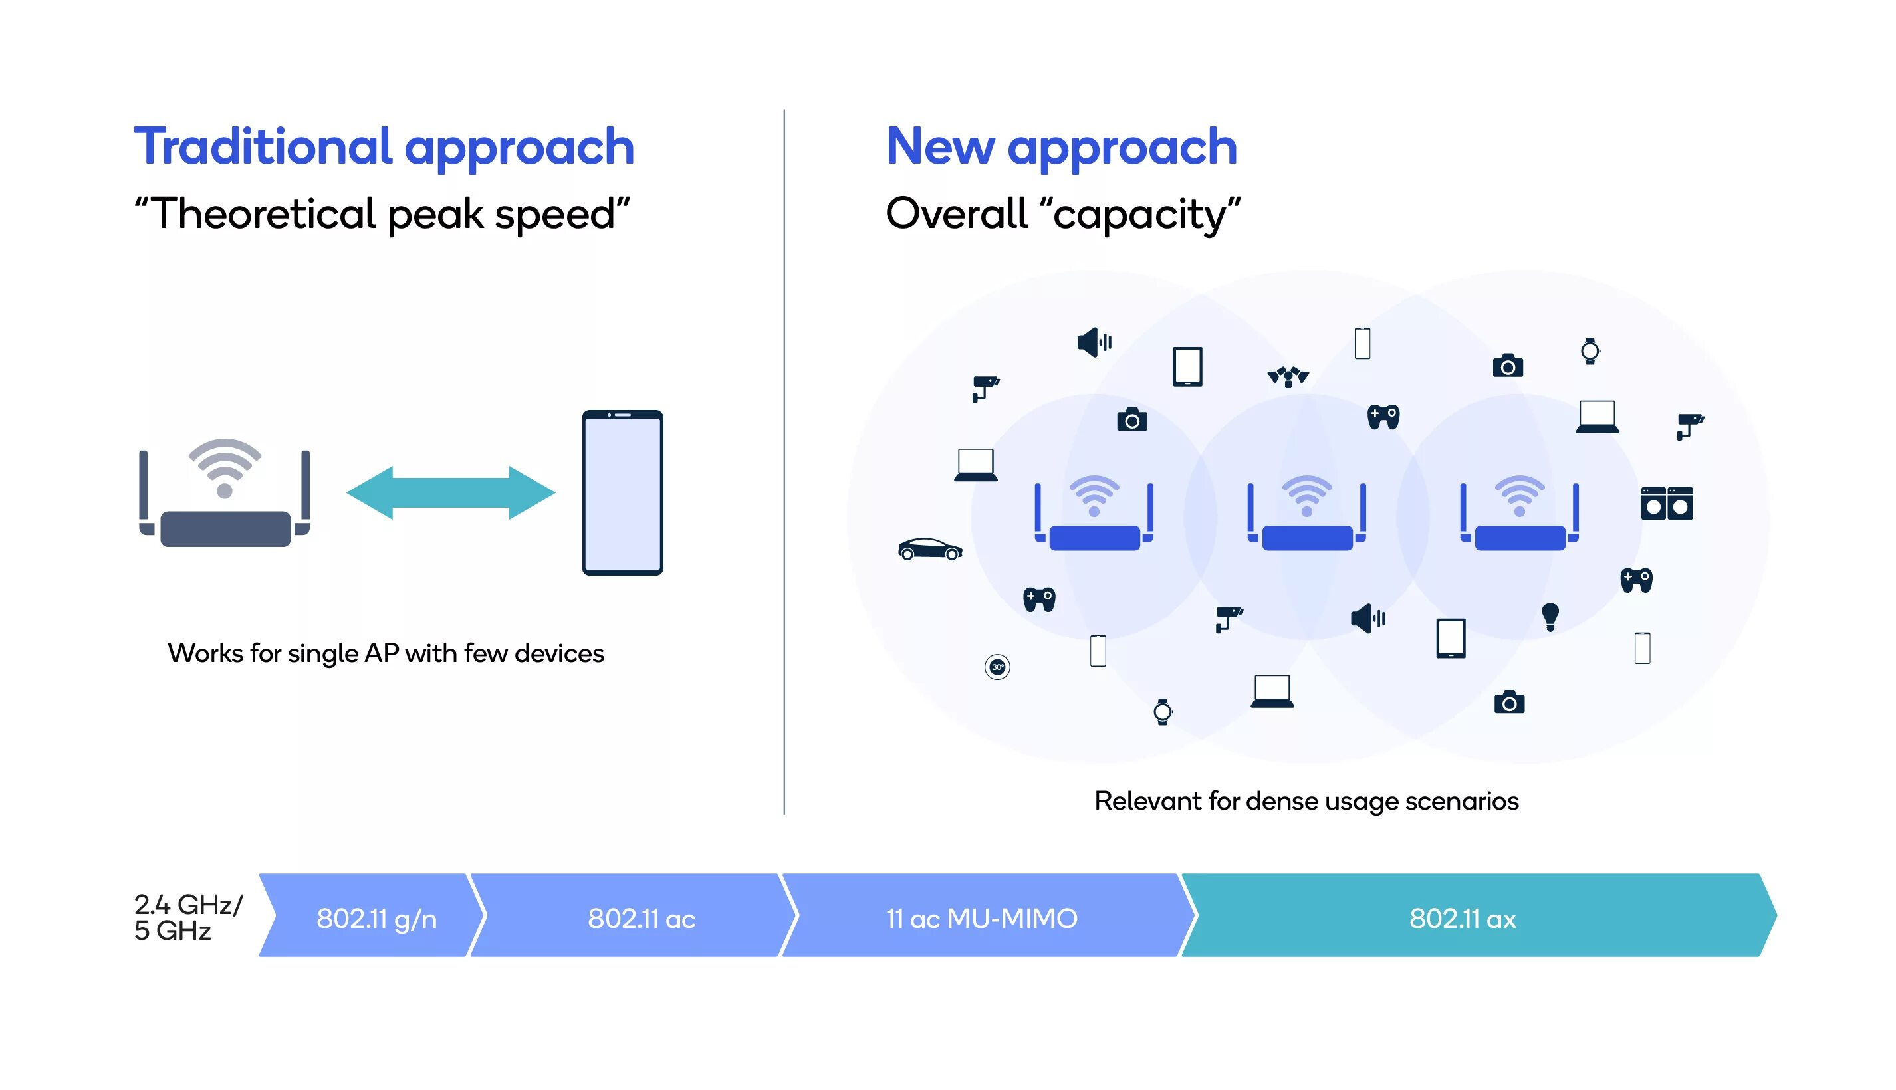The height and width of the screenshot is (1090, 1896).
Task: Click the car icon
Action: [x=929, y=549]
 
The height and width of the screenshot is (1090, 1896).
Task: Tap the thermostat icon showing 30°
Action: [x=997, y=666]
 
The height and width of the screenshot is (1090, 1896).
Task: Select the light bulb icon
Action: [x=1549, y=616]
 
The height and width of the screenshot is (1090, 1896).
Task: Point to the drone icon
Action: [x=1287, y=375]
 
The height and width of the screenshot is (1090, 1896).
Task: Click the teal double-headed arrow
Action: [x=450, y=492]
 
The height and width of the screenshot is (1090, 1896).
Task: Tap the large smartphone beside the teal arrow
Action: [x=622, y=492]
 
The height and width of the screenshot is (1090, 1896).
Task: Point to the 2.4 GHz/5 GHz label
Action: [x=187, y=917]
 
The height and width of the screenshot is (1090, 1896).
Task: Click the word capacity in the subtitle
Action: [x=1142, y=215]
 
